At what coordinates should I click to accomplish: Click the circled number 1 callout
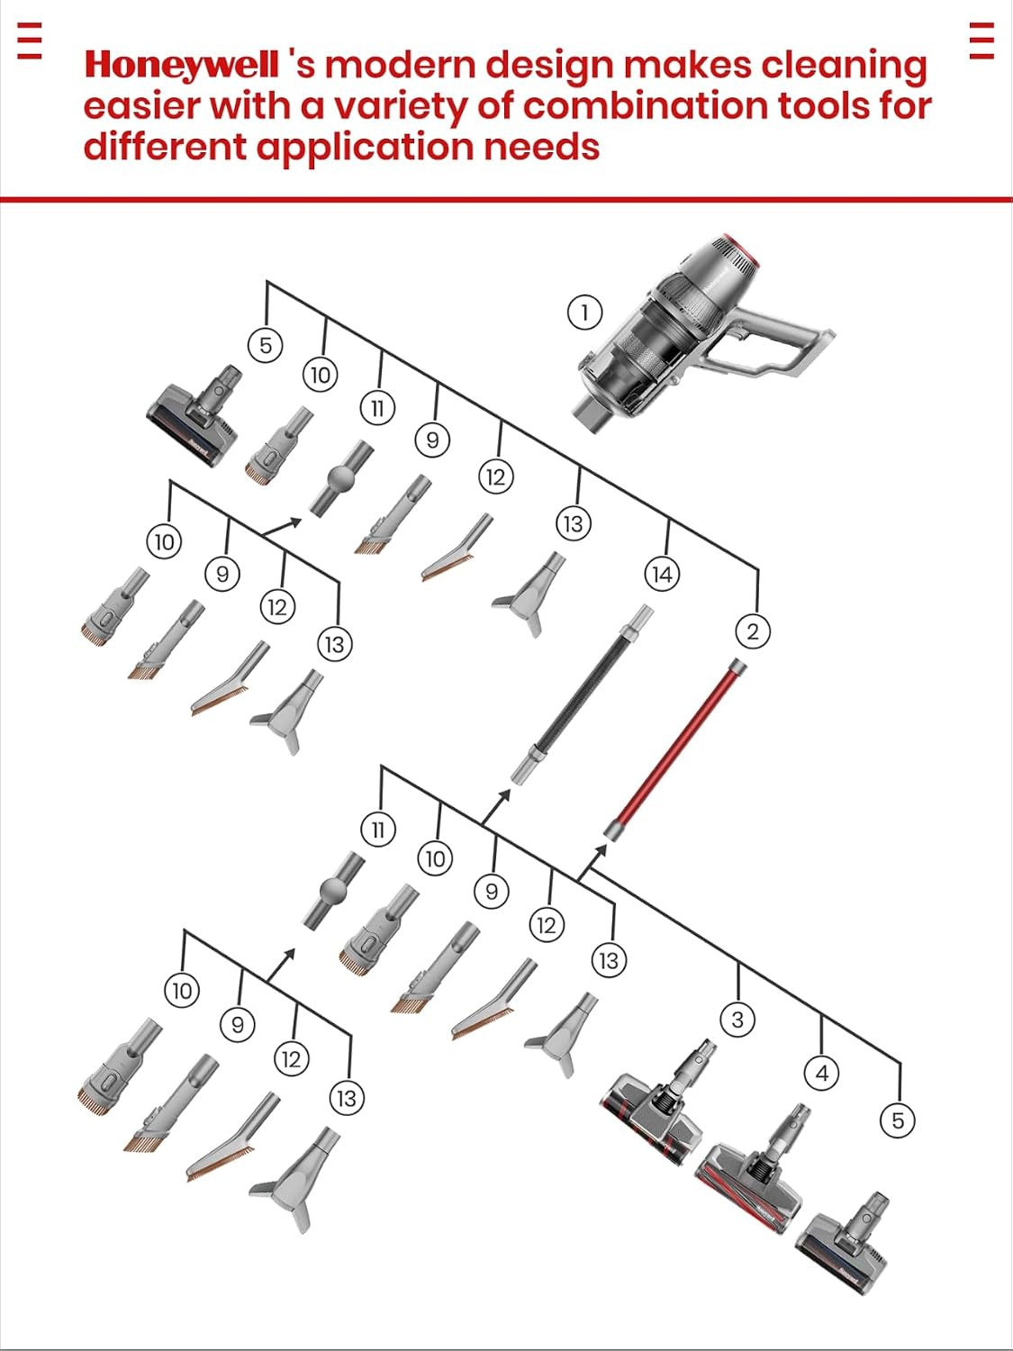point(584,312)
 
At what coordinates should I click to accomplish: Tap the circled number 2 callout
point(752,630)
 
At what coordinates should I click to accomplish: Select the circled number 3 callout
point(737,1020)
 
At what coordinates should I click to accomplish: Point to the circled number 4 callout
point(822,1074)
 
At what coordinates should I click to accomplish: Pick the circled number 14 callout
point(662,575)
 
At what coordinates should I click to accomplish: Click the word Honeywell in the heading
point(182,65)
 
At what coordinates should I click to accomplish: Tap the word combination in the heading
point(646,108)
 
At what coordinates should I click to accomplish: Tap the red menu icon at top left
point(30,41)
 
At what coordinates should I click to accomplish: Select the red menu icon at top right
point(981,41)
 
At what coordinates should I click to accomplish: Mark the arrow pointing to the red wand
point(592,862)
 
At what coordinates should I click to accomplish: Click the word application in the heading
point(366,149)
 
